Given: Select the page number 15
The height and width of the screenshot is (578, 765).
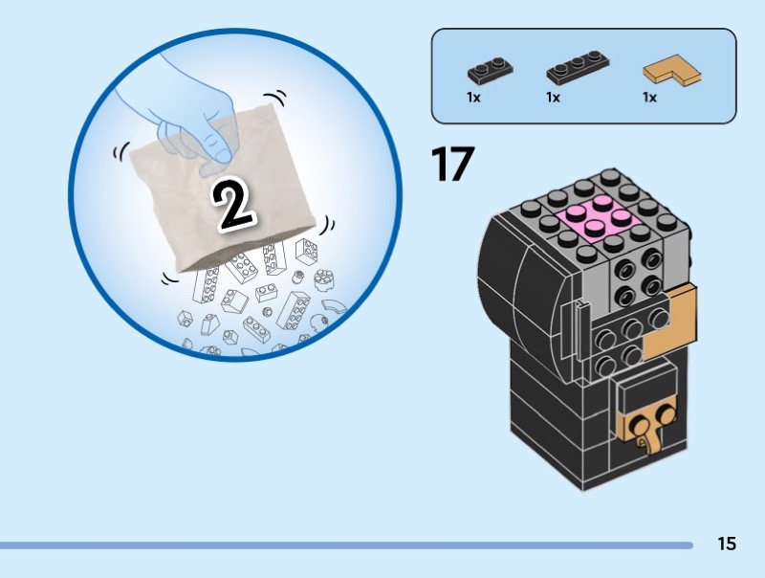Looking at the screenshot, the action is coord(726,545).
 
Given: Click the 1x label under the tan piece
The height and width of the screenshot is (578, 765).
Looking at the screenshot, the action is coord(649,98).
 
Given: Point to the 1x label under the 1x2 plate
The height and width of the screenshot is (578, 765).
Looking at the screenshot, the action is coord(473,98).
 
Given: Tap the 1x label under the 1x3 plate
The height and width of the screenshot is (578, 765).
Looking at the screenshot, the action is coord(553,98).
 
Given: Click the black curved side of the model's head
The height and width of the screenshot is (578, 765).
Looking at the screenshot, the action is coord(521,287).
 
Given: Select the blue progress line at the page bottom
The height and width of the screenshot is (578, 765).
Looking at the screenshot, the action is coord(344,545).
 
